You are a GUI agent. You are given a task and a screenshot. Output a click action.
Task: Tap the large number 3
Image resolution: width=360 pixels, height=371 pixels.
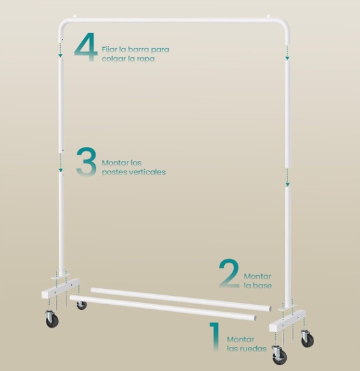point(87,162)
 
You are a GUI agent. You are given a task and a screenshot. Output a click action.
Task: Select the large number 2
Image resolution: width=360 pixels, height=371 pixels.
point(229,274)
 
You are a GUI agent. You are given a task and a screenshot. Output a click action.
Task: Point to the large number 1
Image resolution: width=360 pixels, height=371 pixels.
point(215,336)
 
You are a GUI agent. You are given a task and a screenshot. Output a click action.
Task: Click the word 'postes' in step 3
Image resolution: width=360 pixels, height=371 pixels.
point(113,172)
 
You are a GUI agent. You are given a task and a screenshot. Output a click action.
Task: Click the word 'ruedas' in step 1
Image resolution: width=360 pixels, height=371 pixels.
point(254,349)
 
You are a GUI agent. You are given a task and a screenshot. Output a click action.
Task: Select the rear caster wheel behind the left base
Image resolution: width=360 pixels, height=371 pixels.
point(82,305)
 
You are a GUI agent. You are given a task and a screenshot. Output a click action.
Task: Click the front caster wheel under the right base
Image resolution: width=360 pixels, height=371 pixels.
point(280,355)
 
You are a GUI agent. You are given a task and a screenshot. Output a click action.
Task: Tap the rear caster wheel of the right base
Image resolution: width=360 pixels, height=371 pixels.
point(308,339)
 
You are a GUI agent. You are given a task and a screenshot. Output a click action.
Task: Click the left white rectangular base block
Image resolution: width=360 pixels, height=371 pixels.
point(61,288)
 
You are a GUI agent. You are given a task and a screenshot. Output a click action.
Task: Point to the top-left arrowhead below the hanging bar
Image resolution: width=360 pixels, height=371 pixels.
point(61,55)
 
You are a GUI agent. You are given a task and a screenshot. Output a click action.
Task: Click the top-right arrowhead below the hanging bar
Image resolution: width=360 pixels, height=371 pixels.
point(287,58)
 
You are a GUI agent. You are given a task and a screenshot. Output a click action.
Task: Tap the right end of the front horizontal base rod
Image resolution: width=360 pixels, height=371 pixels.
point(255,318)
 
